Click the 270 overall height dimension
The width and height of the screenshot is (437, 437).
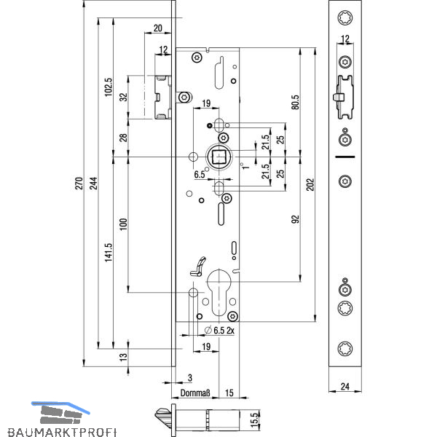tap(79, 183)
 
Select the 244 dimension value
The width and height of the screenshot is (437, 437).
tap(94, 183)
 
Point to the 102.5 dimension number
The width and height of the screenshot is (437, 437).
tap(109, 87)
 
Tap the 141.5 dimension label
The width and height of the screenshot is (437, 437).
tap(109, 252)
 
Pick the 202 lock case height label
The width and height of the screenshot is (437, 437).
tap(310, 184)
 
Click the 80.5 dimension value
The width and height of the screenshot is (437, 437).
tap(296, 102)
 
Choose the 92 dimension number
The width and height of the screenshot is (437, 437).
tap(296, 219)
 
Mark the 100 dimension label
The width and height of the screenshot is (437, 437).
tap(123, 224)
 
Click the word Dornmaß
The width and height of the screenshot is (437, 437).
tap(195, 393)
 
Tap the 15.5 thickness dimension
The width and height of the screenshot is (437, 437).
tap(254, 420)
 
